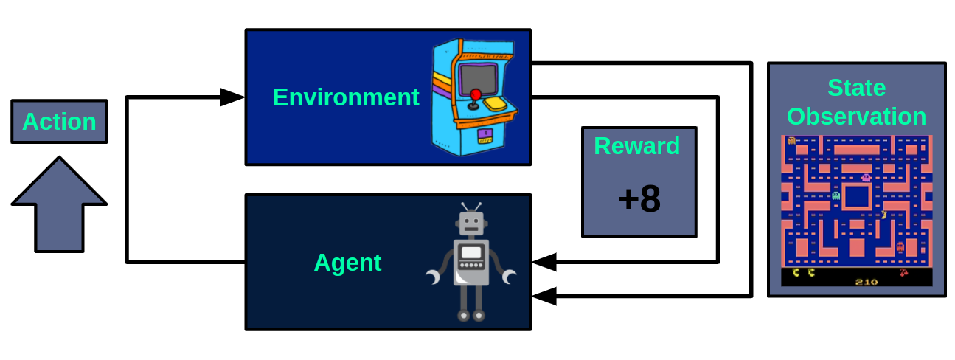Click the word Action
tap(59, 122)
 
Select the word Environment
tap(346, 97)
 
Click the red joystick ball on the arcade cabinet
tap(476, 94)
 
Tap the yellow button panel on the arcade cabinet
tap(497, 105)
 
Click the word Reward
tap(637, 146)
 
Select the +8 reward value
tap(639, 199)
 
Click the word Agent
tap(347, 263)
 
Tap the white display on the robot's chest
tap(471, 253)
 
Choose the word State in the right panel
tap(856, 89)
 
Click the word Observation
tap(856, 117)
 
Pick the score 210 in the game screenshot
tap(866, 282)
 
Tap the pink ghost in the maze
tap(866, 177)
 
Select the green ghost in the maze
tap(836, 195)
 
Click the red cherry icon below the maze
tap(903, 273)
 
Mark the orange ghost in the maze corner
tap(791, 140)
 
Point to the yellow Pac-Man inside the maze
tap(883, 215)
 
